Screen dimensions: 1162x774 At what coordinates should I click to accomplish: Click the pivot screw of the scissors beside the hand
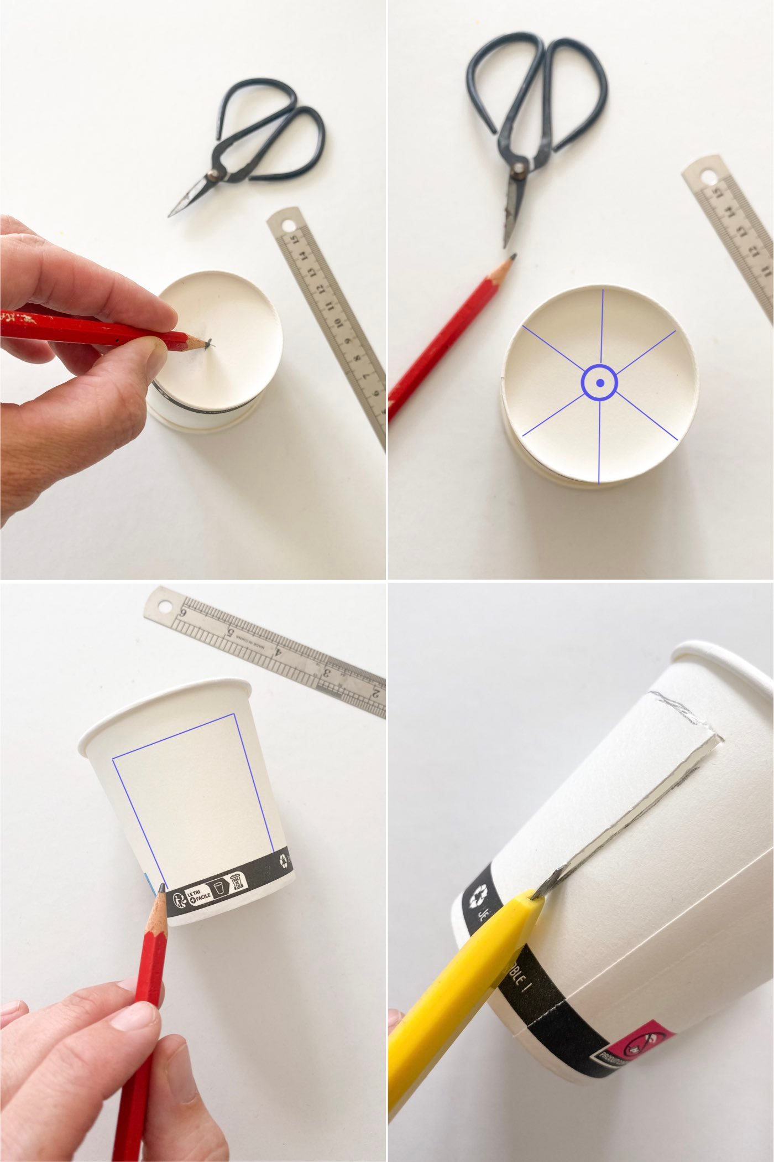pyautogui.click(x=212, y=177)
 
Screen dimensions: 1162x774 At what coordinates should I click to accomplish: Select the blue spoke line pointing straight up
pyautogui.click(x=600, y=326)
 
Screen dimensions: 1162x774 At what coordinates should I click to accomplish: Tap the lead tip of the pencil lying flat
pyautogui.click(x=514, y=257)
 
